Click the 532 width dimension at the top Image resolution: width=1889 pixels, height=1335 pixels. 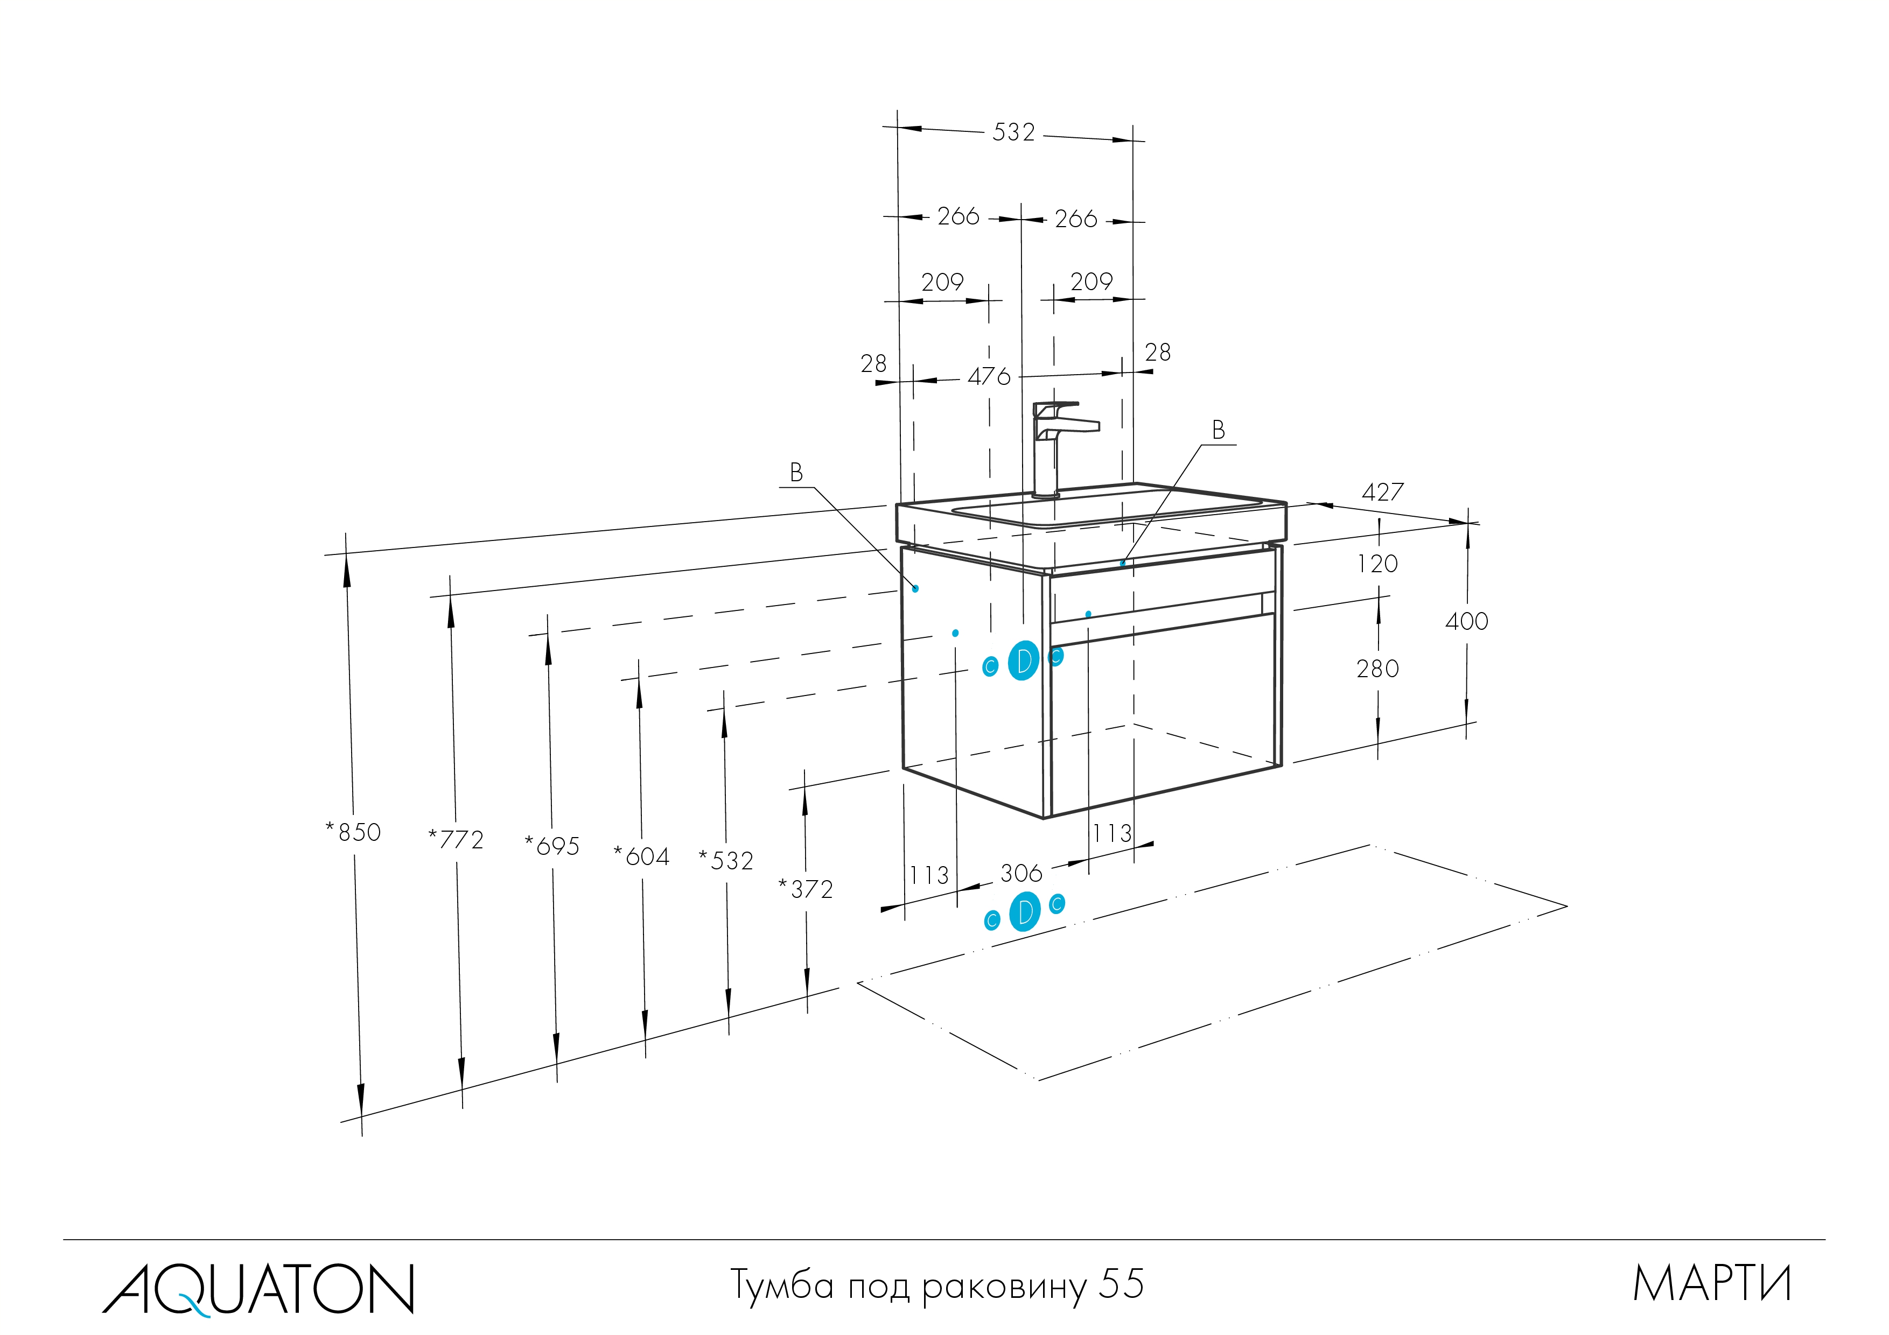(1013, 132)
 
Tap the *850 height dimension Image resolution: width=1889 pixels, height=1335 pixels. (354, 832)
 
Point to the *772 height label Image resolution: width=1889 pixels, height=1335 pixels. (456, 839)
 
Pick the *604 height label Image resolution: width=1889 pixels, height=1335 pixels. (642, 856)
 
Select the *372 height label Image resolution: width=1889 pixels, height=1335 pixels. (806, 889)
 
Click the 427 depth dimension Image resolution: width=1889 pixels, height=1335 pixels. (1382, 492)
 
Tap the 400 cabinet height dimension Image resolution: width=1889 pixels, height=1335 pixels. (1466, 621)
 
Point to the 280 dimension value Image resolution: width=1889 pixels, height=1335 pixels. (1377, 669)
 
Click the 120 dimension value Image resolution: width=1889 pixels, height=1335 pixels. (1377, 564)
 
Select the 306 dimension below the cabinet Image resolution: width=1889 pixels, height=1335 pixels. (1021, 873)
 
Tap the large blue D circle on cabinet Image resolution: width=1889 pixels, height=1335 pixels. (1024, 661)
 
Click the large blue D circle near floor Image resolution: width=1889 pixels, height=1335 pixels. (1024, 911)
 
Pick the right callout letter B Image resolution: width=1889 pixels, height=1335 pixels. (1219, 430)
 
